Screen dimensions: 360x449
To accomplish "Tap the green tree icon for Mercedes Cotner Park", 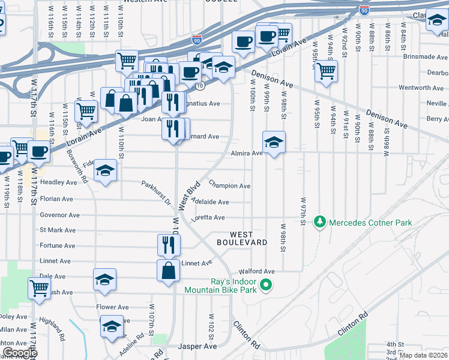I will (x=321, y=223).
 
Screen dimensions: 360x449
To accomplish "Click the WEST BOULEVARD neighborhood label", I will (x=241, y=238).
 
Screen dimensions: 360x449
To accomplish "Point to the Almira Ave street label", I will (x=247, y=154).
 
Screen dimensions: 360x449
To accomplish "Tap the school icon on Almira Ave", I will (x=274, y=143).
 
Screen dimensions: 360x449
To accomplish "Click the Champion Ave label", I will (x=229, y=186).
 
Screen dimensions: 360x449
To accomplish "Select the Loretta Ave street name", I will (x=208, y=218).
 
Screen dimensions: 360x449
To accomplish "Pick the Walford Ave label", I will (x=256, y=271).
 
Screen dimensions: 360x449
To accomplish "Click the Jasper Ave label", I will (x=197, y=347).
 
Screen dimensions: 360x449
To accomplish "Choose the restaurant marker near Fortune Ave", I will (x=169, y=244).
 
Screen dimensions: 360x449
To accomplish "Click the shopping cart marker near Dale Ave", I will (x=39, y=287).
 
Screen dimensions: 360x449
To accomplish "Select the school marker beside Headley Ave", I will (x=106, y=171).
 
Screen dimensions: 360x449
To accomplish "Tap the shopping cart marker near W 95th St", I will (x=326, y=71).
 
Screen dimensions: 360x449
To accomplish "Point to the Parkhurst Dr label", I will (x=156, y=192).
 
